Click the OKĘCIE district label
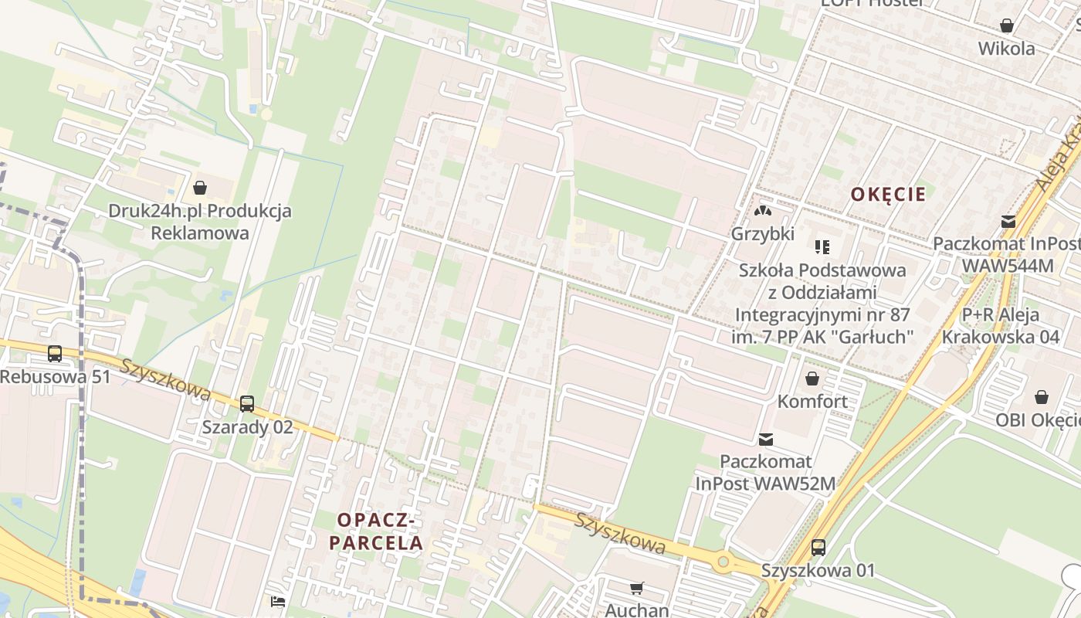888,194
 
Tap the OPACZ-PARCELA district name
376,532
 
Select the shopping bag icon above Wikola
1007,25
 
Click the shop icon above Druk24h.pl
200,187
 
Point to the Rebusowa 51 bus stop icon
55,354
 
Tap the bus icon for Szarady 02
247,403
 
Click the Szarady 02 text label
247,426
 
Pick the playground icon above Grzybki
763,210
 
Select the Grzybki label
763,233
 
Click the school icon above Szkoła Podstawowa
822,247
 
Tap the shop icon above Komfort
812,379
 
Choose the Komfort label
812,402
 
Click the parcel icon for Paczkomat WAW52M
765,439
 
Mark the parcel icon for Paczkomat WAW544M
1008,222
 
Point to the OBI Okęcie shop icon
1042,397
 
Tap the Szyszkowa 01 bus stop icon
818,548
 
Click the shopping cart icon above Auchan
637,589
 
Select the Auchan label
637,610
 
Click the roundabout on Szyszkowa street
723,562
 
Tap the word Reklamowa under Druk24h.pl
200,233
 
